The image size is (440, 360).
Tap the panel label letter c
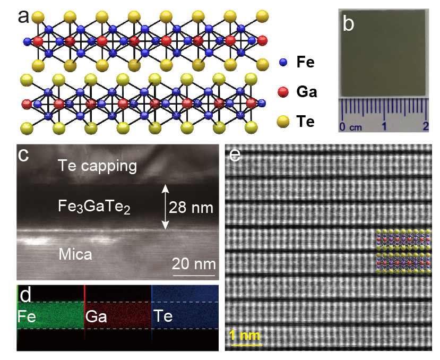pos(23,155)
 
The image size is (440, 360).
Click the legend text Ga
pos(307,92)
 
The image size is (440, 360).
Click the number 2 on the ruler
pos(425,126)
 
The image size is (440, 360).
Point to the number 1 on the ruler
pos(384,126)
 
